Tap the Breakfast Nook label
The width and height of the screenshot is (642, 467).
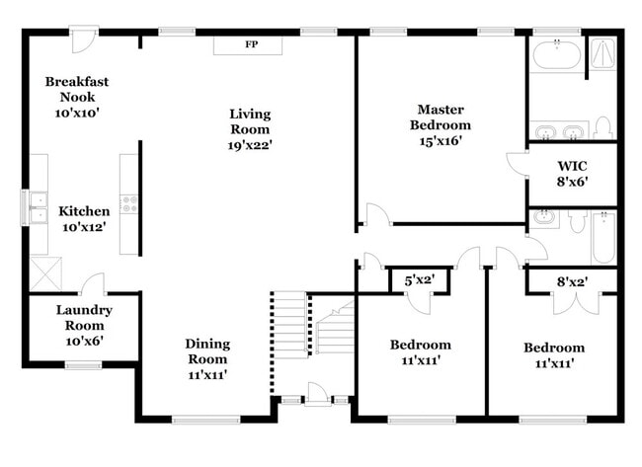(x=77, y=90)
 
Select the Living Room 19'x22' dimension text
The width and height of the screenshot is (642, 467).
(x=250, y=144)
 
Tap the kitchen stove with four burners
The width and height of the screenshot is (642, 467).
(x=129, y=203)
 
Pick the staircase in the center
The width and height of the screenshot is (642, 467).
(x=314, y=326)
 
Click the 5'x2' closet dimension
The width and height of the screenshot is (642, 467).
(x=420, y=281)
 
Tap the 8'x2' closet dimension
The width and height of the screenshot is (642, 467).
(x=572, y=281)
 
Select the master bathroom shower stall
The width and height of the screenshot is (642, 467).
(x=602, y=56)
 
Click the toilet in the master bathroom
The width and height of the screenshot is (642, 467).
(x=603, y=127)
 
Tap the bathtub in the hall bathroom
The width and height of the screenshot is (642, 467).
(x=603, y=237)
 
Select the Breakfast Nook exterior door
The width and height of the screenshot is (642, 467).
(x=86, y=40)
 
